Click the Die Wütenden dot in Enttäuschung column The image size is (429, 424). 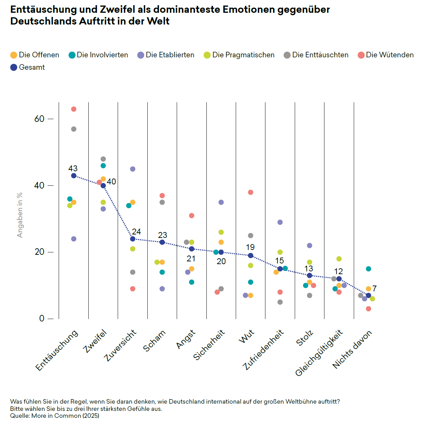(x=74, y=109)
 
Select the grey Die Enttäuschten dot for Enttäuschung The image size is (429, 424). (x=74, y=129)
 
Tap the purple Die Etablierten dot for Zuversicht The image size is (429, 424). (x=133, y=169)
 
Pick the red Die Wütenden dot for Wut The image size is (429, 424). (x=251, y=192)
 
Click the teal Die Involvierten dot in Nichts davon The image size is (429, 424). (x=369, y=269)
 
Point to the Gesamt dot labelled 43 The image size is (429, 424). (x=74, y=176)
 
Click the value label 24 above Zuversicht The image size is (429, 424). (x=136, y=232)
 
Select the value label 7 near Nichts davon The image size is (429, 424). (x=374, y=289)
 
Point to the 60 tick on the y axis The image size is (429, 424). (x=39, y=119)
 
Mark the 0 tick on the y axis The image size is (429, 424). (x=42, y=318)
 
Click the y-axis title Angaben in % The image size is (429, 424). (x=20, y=215)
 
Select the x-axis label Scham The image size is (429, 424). (x=155, y=341)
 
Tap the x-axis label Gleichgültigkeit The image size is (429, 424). (x=319, y=353)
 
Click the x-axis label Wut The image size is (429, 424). (x=246, y=336)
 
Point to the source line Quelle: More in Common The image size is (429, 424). (x=55, y=416)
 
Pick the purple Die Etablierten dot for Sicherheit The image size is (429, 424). (x=221, y=202)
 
